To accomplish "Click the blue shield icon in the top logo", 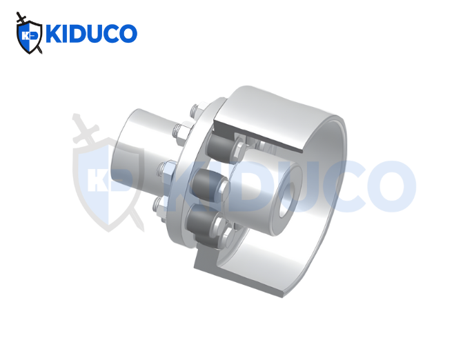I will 30,37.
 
